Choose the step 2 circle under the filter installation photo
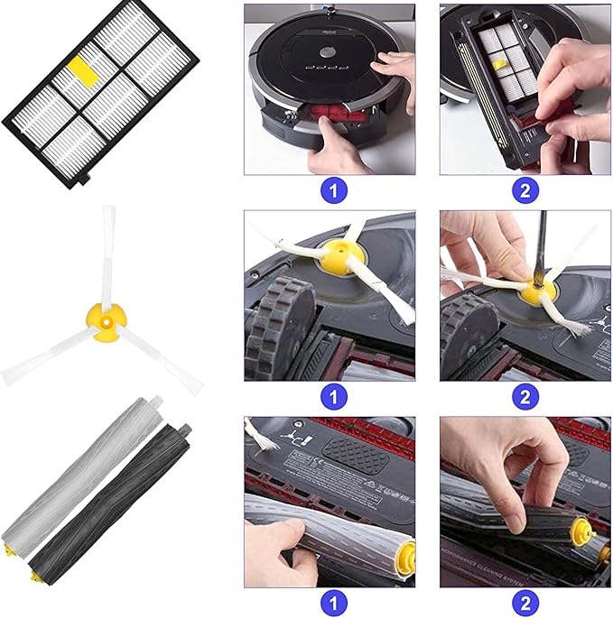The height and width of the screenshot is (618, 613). coord(525,191)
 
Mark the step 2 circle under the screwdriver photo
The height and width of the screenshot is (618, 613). coord(525,396)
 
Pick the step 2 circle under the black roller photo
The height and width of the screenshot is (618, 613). coord(525,603)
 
